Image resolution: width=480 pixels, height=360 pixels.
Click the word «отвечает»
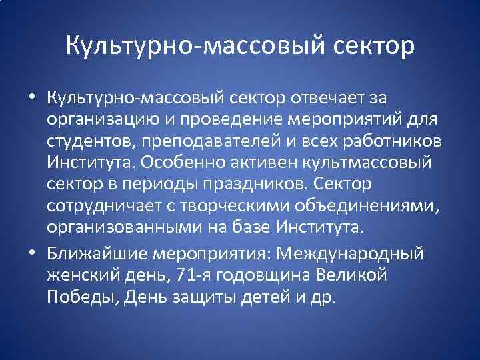pyautogui.click(x=326, y=99)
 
